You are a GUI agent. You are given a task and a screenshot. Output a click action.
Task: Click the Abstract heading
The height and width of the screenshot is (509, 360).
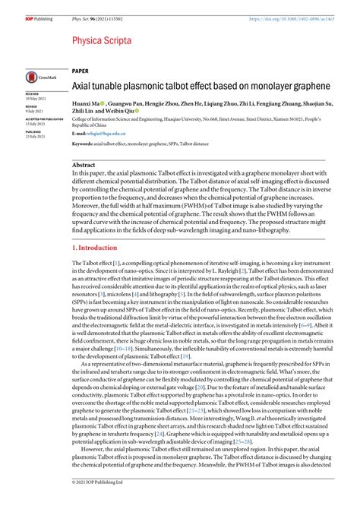pos(84,164)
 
